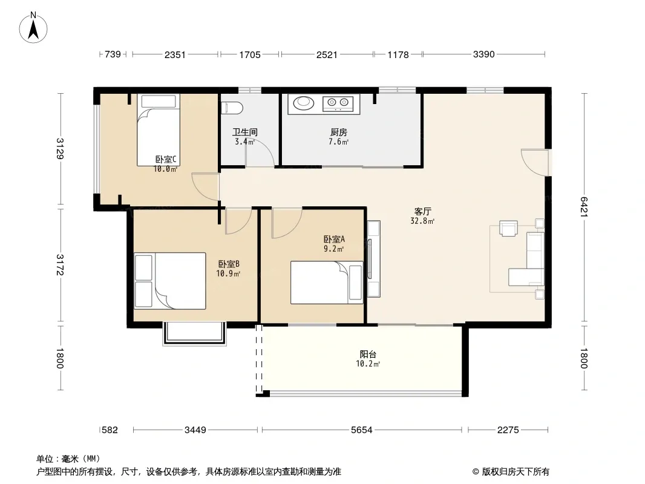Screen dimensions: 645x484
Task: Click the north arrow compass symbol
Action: pyautogui.click(x=33, y=28)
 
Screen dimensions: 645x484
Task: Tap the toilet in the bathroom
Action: pyautogui.click(x=232, y=108)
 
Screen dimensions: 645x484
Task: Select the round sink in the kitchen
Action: pyautogui.click(x=304, y=102)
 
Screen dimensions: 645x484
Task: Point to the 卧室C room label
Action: pyautogui.click(x=166, y=159)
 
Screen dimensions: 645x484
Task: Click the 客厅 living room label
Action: pyautogui.click(x=422, y=211)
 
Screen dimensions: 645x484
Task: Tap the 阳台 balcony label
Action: pyautogui.click(x=368, y=354)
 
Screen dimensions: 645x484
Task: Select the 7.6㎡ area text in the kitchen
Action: pyautogui.click(x=338, y=142)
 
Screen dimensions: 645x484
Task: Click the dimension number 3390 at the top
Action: pyautogui.click(x=484, y=54)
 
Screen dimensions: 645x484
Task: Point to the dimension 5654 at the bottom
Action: pyautogui.click(x=362, y=430)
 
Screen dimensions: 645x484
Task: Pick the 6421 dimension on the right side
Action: pyautogui.click(x=584, y=208)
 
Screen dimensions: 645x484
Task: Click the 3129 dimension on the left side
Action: pyautogui.click(x=60, y=148)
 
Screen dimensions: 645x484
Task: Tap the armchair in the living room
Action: pyautogui.click(x=508, y=228)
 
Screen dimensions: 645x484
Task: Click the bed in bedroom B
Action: pyautogui.click(x=170, y=281)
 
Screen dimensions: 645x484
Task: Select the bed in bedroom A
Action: pyautogui.click(x=327, y=283)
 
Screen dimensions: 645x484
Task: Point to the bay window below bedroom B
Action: pyautogui.click(x=195, y=333)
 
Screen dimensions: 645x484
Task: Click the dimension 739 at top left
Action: pyautogui.click(x=113, y=54)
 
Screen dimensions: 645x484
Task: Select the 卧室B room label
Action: pyautogui.click(x=229, y=264)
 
